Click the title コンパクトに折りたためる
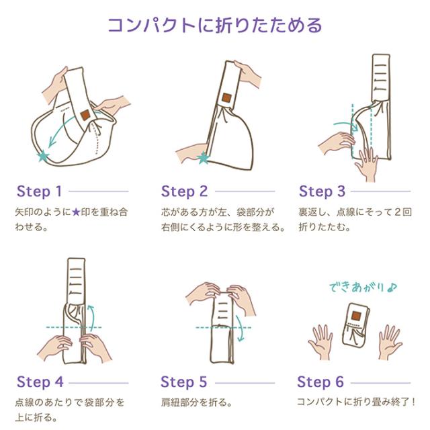coord(215,26)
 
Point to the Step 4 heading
coord(39,382)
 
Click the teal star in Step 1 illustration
coord(44,155)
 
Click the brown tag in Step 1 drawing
coord(85,116)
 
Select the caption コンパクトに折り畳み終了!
coord(356,404)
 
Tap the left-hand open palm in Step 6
coord(322,340)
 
